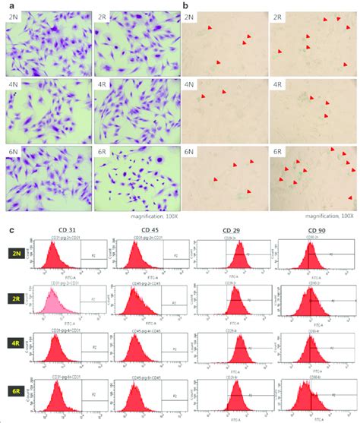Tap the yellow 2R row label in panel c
point(14,301)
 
